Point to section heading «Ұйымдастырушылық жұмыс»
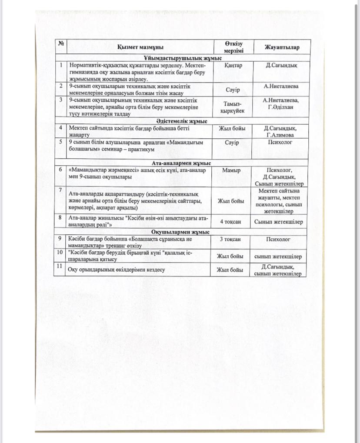click(183, 58)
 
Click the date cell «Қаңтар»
click(233, 65)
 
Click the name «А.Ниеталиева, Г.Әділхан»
click(281, 104)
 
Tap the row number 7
click(61, 190)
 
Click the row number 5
click(61, 142)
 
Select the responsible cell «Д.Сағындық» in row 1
click(281, 65)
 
